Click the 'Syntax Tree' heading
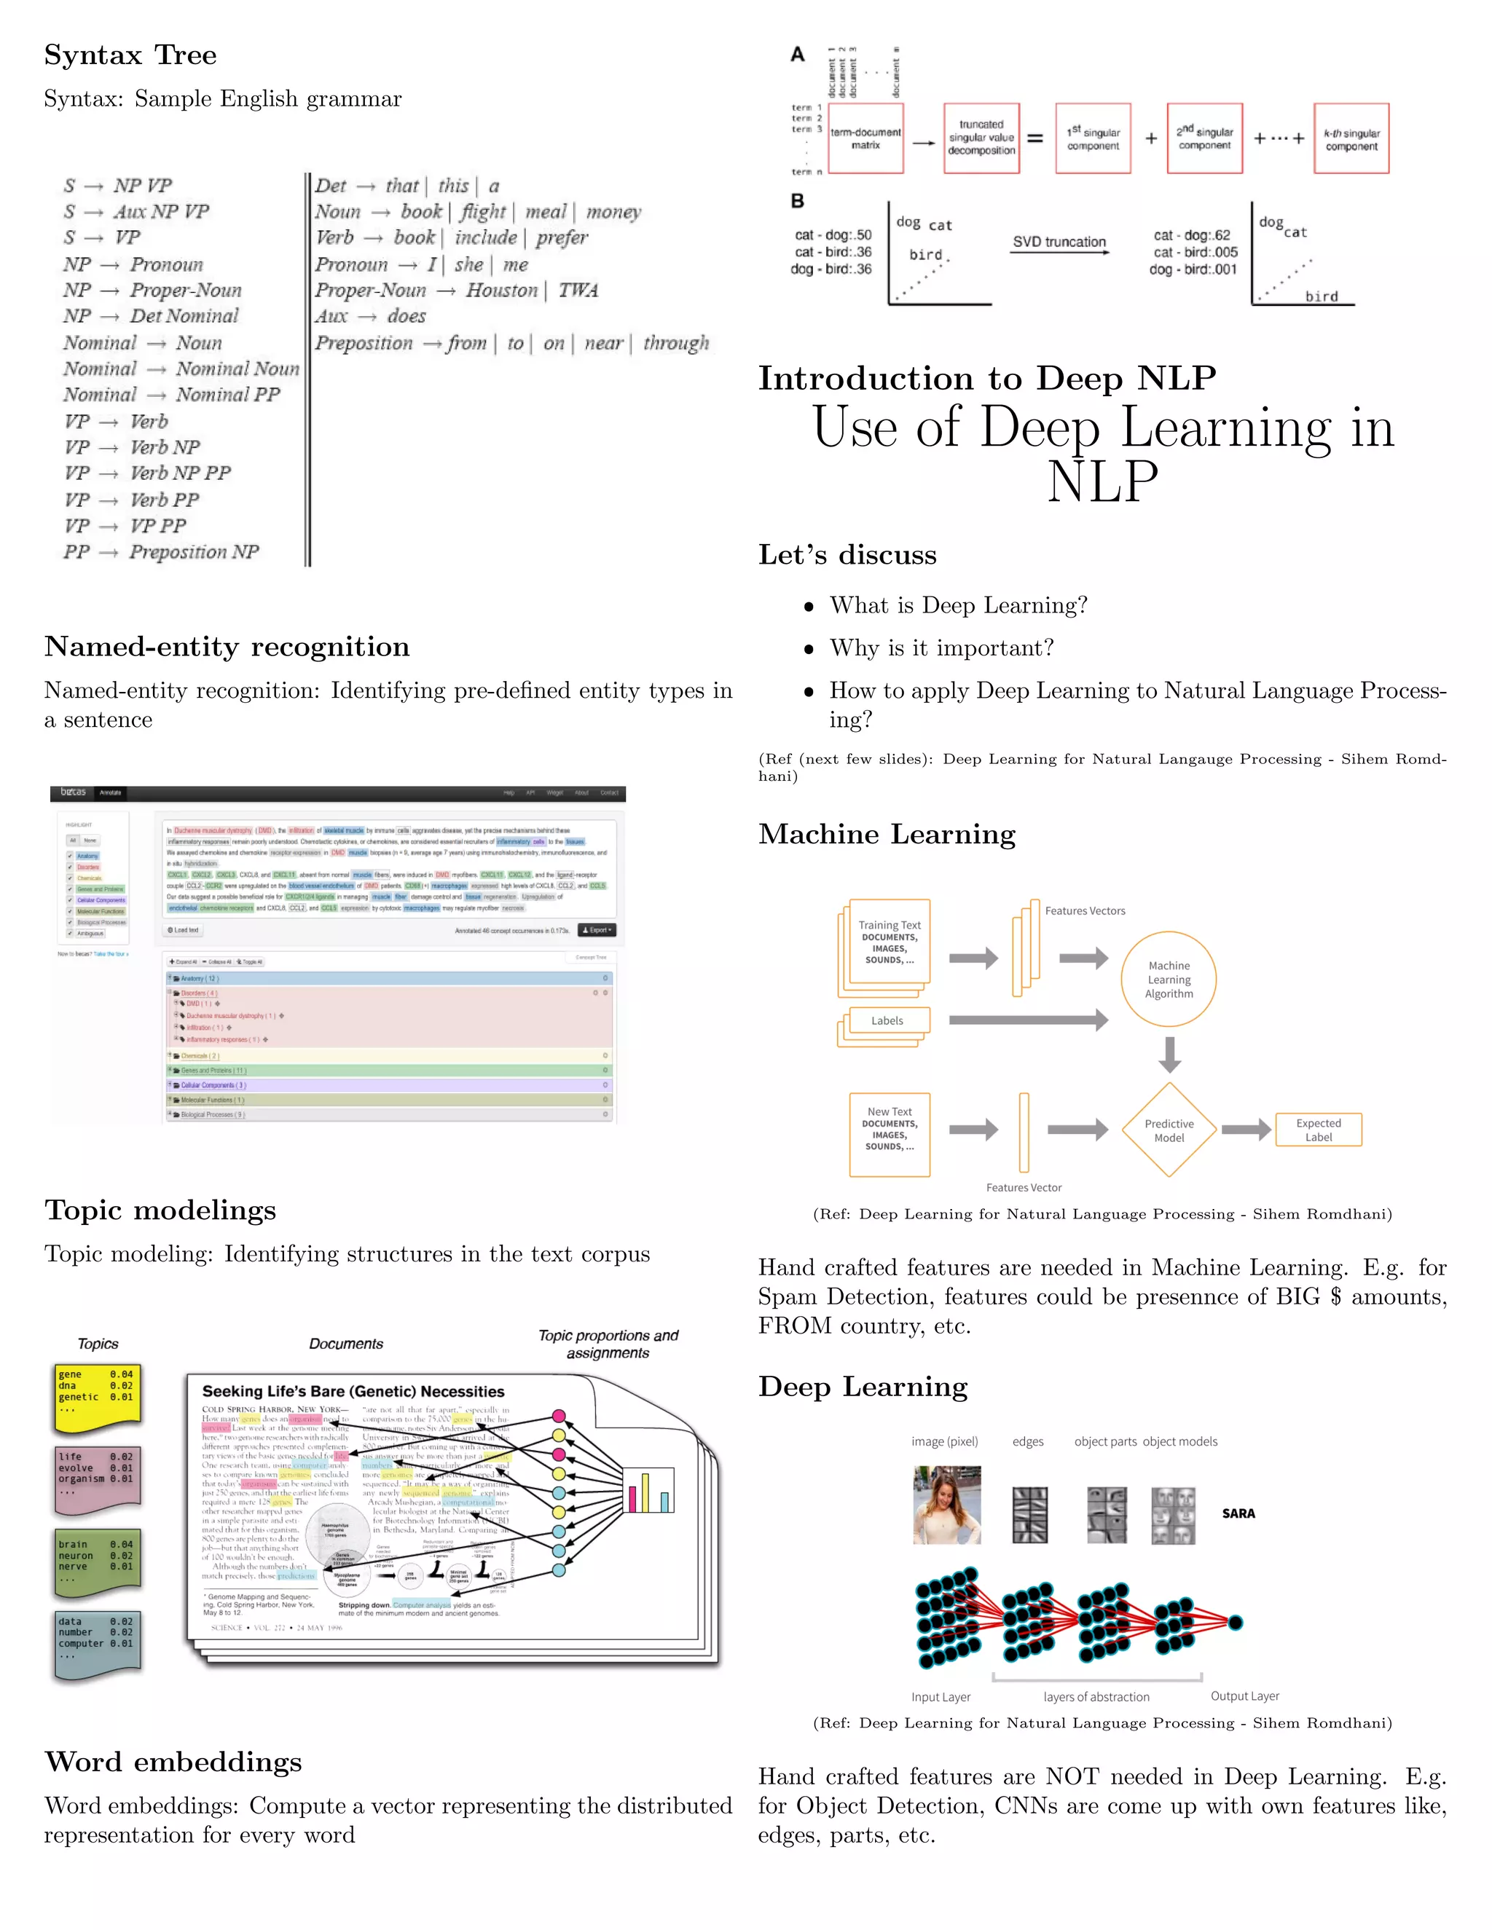click(x=130, y=55)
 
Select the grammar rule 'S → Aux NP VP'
click(x=136, y=211)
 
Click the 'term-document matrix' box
click(x=865, y=138)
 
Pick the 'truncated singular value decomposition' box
click(x=981, y=138)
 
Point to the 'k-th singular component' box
click(x=1351, y=138)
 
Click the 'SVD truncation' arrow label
click(x=1059, y=242)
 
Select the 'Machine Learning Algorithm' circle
click(x=1169, y=979)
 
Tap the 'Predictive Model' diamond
click(x=1169, y=1130)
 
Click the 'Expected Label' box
click(x=1318, y=1130)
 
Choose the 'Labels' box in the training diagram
click(x=887, y=1020)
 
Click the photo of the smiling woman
click(x=946, y=1504)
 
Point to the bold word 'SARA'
click(x=1238, y=1514)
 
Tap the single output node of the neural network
click(x=1235, y=1623)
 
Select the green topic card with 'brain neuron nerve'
click(x=96, y=1563)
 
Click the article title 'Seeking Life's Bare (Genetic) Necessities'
click(x=353, y=1392)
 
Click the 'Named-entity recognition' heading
click(x=227, y=647)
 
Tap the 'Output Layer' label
click(x=1244, y=1695)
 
